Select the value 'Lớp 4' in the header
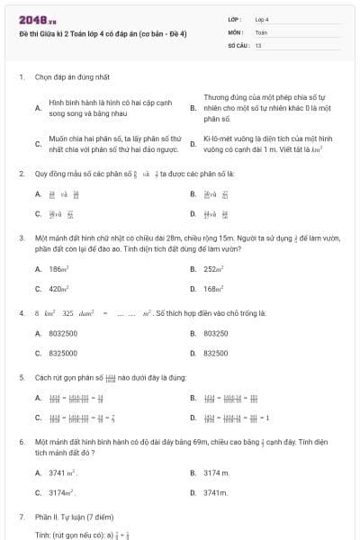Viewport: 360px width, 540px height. (x=262, y=19)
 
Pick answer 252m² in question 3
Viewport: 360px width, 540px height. (x=214, y=269)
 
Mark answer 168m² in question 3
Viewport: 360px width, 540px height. (x=214, y=289)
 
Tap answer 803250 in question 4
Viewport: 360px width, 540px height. (x=216, y=333)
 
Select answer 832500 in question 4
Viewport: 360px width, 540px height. (x=216, y=353)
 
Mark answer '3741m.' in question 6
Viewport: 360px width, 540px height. (x=216, y=492)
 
